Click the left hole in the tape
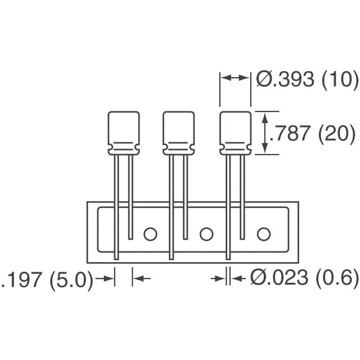coord(150,233)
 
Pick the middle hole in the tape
coord(206,233)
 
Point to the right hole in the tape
coord(263,233)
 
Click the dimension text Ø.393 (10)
coord(307,79)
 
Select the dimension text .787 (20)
coord(312,133)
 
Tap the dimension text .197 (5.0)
coord(48,280)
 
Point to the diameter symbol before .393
coord(263,79)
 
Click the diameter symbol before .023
coord(258,278)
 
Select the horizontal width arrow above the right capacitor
coord(235,79)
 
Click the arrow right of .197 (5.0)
coord(105,278)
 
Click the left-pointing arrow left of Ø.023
coord(240,278)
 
